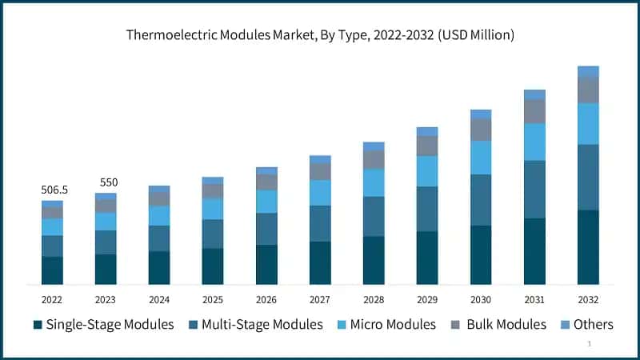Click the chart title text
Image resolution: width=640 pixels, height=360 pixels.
point(320,35)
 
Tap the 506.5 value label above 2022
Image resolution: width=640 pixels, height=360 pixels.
point(54,190)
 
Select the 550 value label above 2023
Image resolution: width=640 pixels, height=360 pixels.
point(108,182)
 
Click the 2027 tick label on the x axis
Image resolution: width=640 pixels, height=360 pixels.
point(320,299)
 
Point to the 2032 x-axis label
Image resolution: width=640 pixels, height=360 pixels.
point(588,299)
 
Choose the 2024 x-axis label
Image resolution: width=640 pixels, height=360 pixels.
point(159,299)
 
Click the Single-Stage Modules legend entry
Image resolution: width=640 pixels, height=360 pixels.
point(103,325)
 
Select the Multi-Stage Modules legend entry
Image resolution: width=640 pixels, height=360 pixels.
point(255,325)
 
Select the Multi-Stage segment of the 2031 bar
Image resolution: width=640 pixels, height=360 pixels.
point(534,189)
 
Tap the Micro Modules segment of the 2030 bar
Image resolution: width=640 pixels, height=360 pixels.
point(481,158)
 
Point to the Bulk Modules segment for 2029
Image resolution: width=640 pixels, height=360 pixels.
point(427,146)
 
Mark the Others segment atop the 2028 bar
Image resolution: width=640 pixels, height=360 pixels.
point(374,146)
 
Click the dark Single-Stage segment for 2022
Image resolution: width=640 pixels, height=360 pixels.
point(52,270)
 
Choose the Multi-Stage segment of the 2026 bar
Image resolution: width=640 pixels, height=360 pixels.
point(266,228)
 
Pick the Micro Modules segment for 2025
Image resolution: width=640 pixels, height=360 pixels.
point(213,208)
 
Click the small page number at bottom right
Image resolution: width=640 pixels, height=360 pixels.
point(589,343)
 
